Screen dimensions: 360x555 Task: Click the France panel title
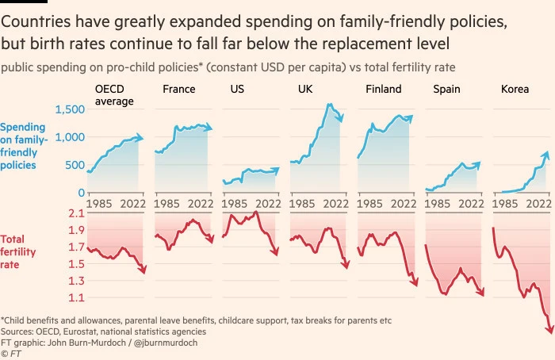coord(178,90)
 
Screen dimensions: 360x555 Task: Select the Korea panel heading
coord(515,90)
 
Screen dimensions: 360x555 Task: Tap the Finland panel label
coord(383,90)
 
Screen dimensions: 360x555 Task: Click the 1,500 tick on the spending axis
coord(67,109)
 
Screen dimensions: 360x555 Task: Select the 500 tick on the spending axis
coord(71,165)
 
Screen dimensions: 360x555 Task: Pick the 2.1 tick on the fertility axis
coord(75,214)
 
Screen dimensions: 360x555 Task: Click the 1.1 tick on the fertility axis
coord(75,298)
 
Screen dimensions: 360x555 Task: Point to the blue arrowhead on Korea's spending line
coord(547,153)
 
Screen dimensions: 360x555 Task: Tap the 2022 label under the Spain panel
coord(470,202)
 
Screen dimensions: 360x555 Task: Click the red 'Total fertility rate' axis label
coord(21,251)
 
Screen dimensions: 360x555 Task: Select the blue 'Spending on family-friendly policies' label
coord(24,146)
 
